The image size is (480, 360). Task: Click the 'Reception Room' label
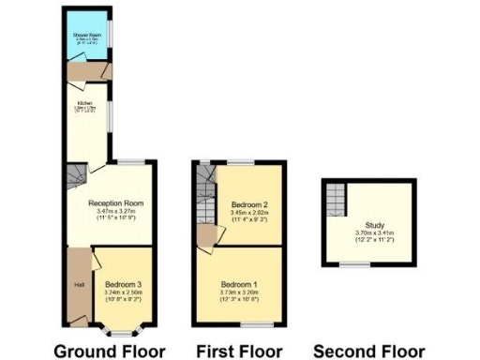point(115,202)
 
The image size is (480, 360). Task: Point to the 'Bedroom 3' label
point(124,283)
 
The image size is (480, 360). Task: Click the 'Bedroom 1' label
point(240,284)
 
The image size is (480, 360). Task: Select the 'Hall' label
point(80,284)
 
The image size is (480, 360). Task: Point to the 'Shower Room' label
point(87,37)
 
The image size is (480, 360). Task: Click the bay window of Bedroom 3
point(123,330)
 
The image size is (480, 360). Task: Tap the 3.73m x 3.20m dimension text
point(240,292)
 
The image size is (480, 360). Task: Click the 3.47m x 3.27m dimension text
point(115,211)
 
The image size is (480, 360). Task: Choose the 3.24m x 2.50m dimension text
point(124,292)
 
